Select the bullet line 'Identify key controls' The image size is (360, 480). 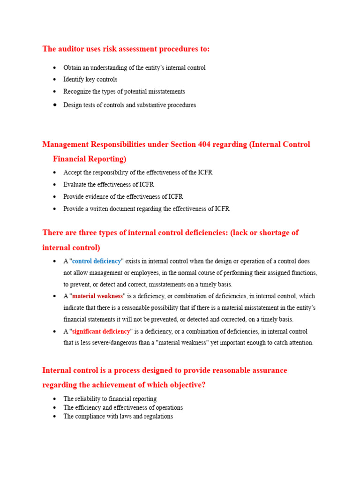click(x=90, y=80)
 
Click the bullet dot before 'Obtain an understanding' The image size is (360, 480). click(x=55, y=67)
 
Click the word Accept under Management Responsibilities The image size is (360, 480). click(x=73, y=172)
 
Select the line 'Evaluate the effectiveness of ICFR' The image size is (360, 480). click(x=109, y=185)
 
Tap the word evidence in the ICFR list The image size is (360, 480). click(x=97, y=196)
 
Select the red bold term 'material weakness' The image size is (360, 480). click(x=97, y=296)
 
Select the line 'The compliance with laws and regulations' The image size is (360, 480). click(x=118, y=416)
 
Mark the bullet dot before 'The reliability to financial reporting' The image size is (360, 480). click(x=55, y=399)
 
